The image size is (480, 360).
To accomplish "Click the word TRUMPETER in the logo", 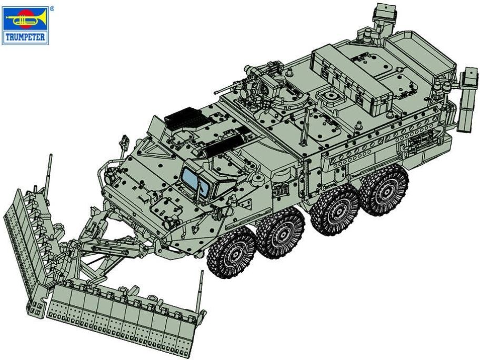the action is tap(25, 37).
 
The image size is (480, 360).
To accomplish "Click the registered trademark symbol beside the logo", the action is tap(52, 9).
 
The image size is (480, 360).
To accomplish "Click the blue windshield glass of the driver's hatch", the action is tap(194, 182).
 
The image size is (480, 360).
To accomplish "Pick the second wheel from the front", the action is tap(280, 233).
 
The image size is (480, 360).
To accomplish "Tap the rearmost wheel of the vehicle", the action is tap(384, 190).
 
